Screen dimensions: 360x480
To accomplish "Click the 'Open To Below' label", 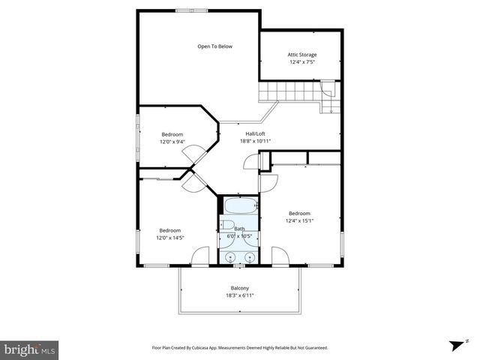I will click(214, 46).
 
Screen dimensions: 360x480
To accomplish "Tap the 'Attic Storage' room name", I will click(301, 55).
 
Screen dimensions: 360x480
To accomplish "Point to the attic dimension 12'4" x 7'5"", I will click(301, 62).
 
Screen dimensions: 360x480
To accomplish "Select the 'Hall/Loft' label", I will click(254, 133).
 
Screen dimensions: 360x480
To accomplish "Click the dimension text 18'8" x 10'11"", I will click(254, 141).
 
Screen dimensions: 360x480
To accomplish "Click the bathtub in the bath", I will click(239, 205).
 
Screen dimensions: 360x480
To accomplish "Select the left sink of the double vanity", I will click(230, 256).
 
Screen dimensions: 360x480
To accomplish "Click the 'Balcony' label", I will click(239, 289).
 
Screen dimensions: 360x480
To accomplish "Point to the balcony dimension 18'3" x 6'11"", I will click(239, 296).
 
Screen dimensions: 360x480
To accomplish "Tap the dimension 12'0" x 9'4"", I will click(172, 142).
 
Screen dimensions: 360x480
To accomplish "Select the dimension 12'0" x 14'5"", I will click(169, 238).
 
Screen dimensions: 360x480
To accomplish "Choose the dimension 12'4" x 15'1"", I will click(299, 220).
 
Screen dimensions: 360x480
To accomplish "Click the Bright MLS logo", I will click(30, 349).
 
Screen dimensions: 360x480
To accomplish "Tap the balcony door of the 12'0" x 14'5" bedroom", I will click(200, 259).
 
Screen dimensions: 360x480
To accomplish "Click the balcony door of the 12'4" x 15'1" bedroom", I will click(279, 259).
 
